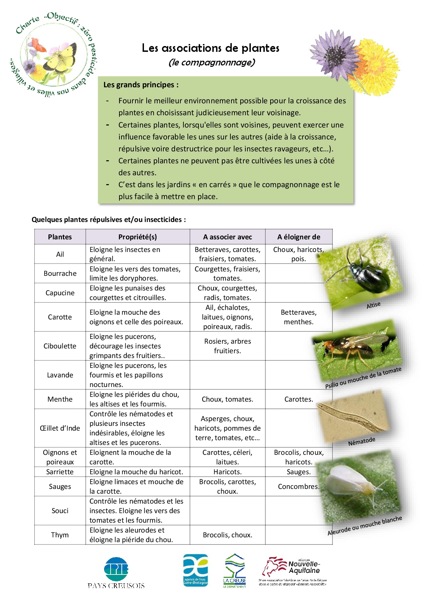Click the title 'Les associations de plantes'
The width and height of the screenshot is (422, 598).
[211, 48]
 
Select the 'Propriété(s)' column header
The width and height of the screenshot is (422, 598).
[137, 237]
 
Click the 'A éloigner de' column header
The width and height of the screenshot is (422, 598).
[298, 237]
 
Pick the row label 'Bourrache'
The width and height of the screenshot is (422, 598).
[60, 273]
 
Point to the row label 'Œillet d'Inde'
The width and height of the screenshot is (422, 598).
[60, 428]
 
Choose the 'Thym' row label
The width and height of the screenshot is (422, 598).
[60, 535]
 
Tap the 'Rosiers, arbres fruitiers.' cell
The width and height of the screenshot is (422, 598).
[227, 346]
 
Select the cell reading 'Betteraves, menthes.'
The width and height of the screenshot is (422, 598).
[298, 317]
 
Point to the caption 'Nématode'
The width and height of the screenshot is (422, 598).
[361, 442]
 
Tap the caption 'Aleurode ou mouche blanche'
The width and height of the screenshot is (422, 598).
[364, 526]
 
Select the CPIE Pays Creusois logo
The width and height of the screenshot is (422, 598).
[116, 573]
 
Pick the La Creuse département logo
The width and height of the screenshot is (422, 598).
[234, 570]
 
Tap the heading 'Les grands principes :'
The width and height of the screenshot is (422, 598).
[141, 85]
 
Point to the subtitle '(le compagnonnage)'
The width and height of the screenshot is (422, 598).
[212, 62]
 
